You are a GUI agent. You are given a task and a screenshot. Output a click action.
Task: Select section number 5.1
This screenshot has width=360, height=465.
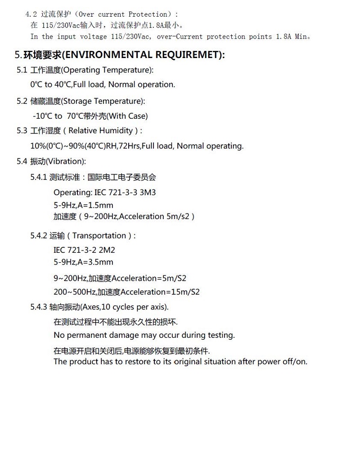click(x=22, y=70)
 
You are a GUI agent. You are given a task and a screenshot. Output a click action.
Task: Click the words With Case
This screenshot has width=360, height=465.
click(x=128, y=116)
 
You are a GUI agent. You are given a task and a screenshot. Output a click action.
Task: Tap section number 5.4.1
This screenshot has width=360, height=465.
click(x=39, y=177)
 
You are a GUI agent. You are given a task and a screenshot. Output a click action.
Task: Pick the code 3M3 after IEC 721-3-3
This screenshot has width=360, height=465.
click(x=148, y=192)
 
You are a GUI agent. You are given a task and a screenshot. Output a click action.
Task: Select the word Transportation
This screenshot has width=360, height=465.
click(x=99, y=236)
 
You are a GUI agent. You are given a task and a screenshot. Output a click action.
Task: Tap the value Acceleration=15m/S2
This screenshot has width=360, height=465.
click(x=160, y=292)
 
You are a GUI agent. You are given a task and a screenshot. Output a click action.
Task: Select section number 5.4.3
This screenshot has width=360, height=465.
click(x=39, y=307)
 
